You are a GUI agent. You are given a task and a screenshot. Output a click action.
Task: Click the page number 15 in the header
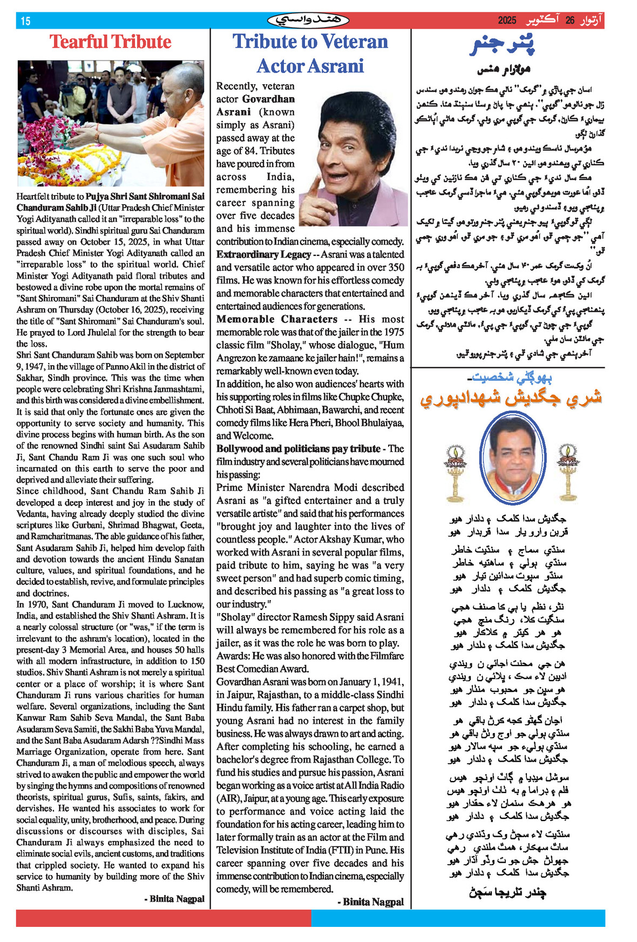[x=25, y=21]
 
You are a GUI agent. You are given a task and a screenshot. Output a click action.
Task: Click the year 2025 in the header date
[x=507, y=21]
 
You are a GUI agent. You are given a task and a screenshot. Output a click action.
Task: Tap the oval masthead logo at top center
[x=308, y=21]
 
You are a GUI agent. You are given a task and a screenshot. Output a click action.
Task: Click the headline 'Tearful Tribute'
[x=110, y=42]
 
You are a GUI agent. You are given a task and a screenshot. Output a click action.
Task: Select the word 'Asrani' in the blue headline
[x=337, y=66]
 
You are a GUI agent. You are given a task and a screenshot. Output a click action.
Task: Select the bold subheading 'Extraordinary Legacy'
[x=263, y=254]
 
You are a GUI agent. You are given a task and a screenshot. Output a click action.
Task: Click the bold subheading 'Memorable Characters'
[x=276, y=319]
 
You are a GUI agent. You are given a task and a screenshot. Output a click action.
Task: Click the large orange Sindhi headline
[x=510, y=398]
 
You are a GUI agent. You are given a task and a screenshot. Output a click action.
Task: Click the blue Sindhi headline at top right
[x=502, y=45]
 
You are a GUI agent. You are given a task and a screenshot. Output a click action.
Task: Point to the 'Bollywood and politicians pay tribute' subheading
[x=298, y=449]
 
